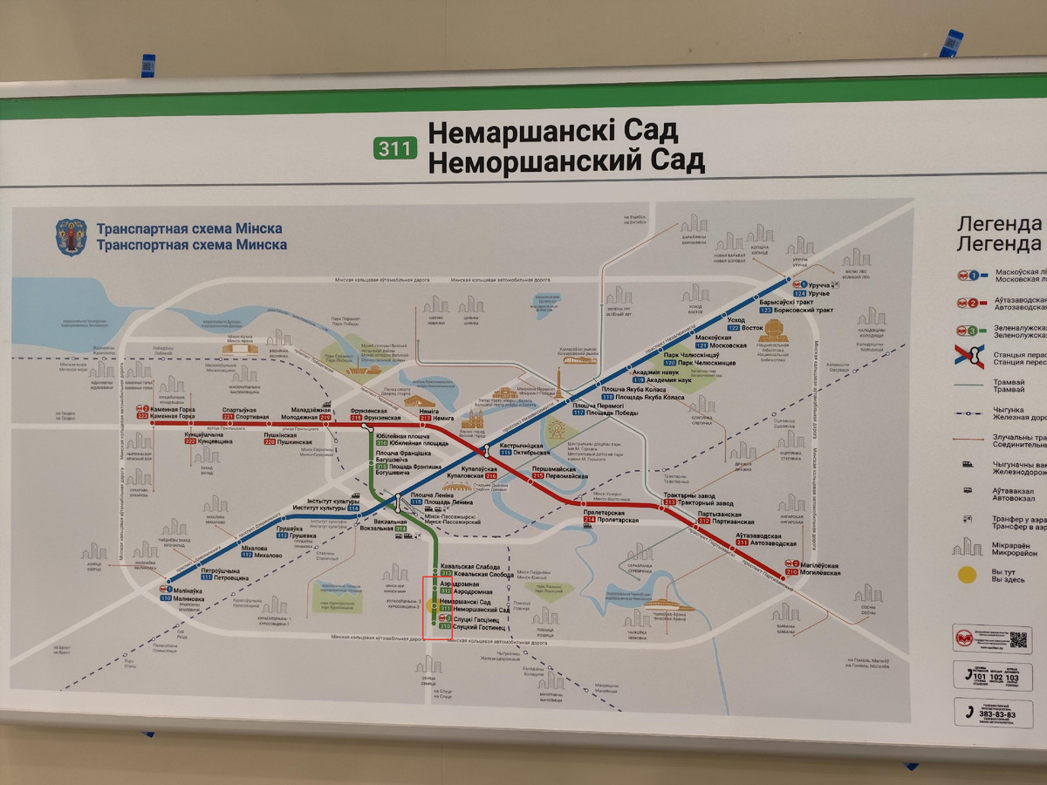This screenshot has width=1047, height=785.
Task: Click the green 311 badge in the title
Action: tap(394, 148)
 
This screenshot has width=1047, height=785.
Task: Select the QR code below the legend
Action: tap(1018, 639)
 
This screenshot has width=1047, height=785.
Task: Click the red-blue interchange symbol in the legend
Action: tap(970, 359)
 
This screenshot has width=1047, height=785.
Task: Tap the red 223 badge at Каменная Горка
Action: tap(142, 416)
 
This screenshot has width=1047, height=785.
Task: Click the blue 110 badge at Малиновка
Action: tap(166, 598)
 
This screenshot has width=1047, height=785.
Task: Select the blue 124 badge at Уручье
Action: tap(798, 294)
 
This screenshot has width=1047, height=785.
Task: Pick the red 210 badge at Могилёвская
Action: tap(791, 572)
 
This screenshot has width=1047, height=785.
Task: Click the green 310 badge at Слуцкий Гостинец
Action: tap(445, 626)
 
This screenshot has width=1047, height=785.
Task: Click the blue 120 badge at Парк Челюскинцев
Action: tap(670, 363)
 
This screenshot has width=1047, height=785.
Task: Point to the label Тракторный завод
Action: tap(706, 504)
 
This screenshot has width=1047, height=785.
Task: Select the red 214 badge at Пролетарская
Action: tap(590, 521)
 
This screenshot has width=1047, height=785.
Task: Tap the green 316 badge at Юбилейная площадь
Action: tap(381, 443)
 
